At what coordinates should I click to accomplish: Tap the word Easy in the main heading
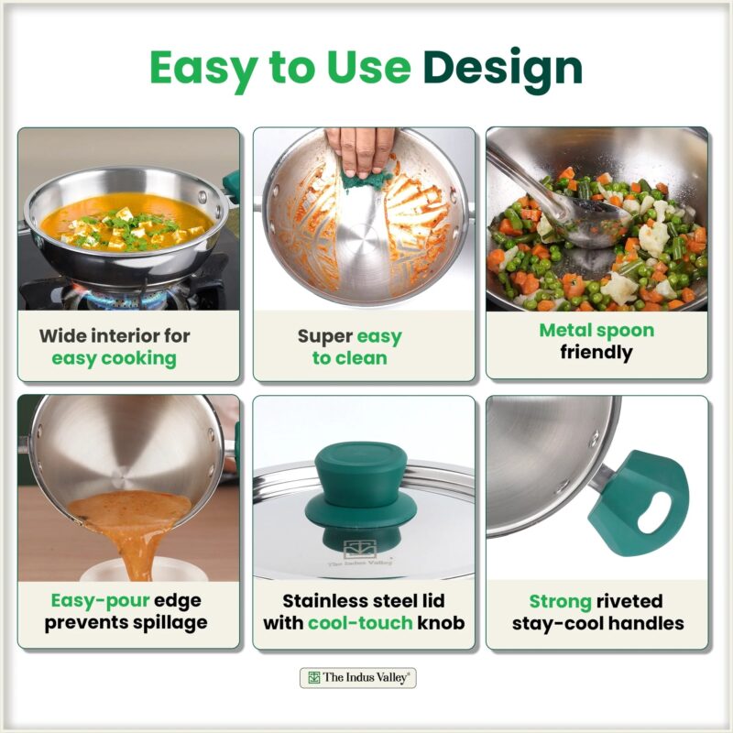tap(203, 68)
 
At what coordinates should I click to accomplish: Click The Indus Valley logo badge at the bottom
tap(357, 677)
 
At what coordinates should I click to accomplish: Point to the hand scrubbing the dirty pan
tap(360, 149)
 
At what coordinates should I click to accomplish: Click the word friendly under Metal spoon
tap(596, 353)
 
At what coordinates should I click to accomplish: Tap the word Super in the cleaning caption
tap(325, 336)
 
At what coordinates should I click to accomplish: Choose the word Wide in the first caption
tap(60, 335)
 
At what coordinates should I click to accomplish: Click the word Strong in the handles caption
tap(560, 602)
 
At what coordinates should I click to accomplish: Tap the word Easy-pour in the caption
tap(100, 601)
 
